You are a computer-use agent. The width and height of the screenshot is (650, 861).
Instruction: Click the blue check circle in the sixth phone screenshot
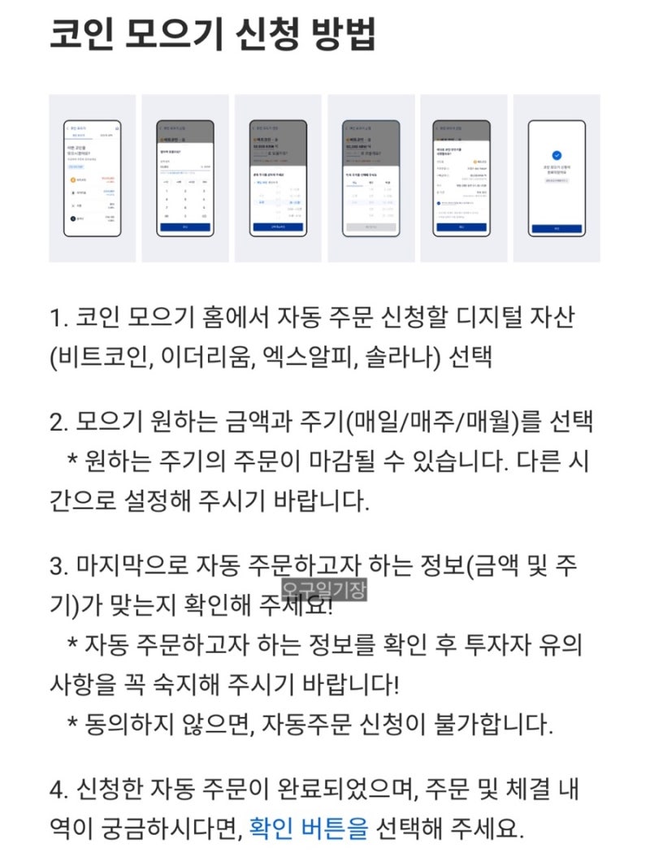click(557, 154)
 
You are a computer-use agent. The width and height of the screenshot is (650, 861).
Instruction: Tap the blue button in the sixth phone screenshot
click(557, 229)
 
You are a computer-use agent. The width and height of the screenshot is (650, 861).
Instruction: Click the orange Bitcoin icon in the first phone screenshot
click(74, 179)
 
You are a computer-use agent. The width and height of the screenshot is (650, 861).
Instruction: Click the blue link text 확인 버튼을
click(309, 829)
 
